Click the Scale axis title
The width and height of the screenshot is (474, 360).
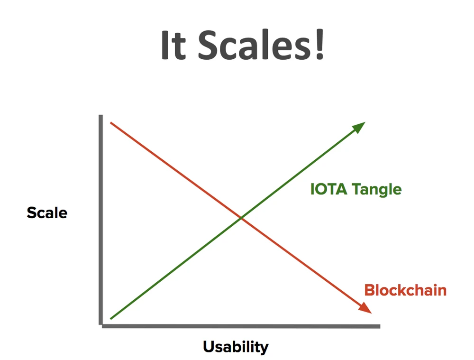pyautogui.click(x=47, y=212)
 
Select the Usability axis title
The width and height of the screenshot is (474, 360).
pyautogui.click(x=236, y=347)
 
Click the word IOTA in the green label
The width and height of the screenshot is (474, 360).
pyautogui.click(x=329, y=189)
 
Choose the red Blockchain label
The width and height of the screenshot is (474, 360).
pyautogui.click(x=405, y=290)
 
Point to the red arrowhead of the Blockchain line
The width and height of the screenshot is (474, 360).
pyautogui.click(x=365, y=308)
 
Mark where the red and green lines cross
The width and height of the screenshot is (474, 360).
pyautogui.click(x=241, y=218)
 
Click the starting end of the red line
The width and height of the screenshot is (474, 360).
pyautogui.click(x=111, y=123)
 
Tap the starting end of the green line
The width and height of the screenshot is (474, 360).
pyautogui.click(x=111, y=318)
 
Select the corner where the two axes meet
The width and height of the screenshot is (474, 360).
pyautogui.click(x=100, y=326)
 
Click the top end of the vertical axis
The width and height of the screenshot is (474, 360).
pyautogui.click(x=100, y=115)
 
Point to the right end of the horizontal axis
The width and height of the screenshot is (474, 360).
pyautogui.click(x=380, y=326)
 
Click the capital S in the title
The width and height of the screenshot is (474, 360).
pyautogui.click(x=208, y=45)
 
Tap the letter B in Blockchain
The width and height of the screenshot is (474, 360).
pyautogui.click(x=370, y=290)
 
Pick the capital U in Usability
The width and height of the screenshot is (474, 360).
pyautogui.click(x=209, y=346)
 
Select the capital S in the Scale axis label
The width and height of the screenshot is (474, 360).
pyautogui.click(x=31, y=212)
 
